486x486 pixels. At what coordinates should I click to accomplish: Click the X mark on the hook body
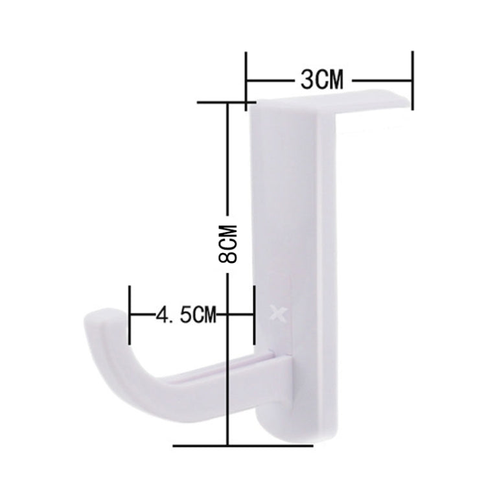click(x=280, y=315)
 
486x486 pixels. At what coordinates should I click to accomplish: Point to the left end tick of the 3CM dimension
click(x=247, y=78)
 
